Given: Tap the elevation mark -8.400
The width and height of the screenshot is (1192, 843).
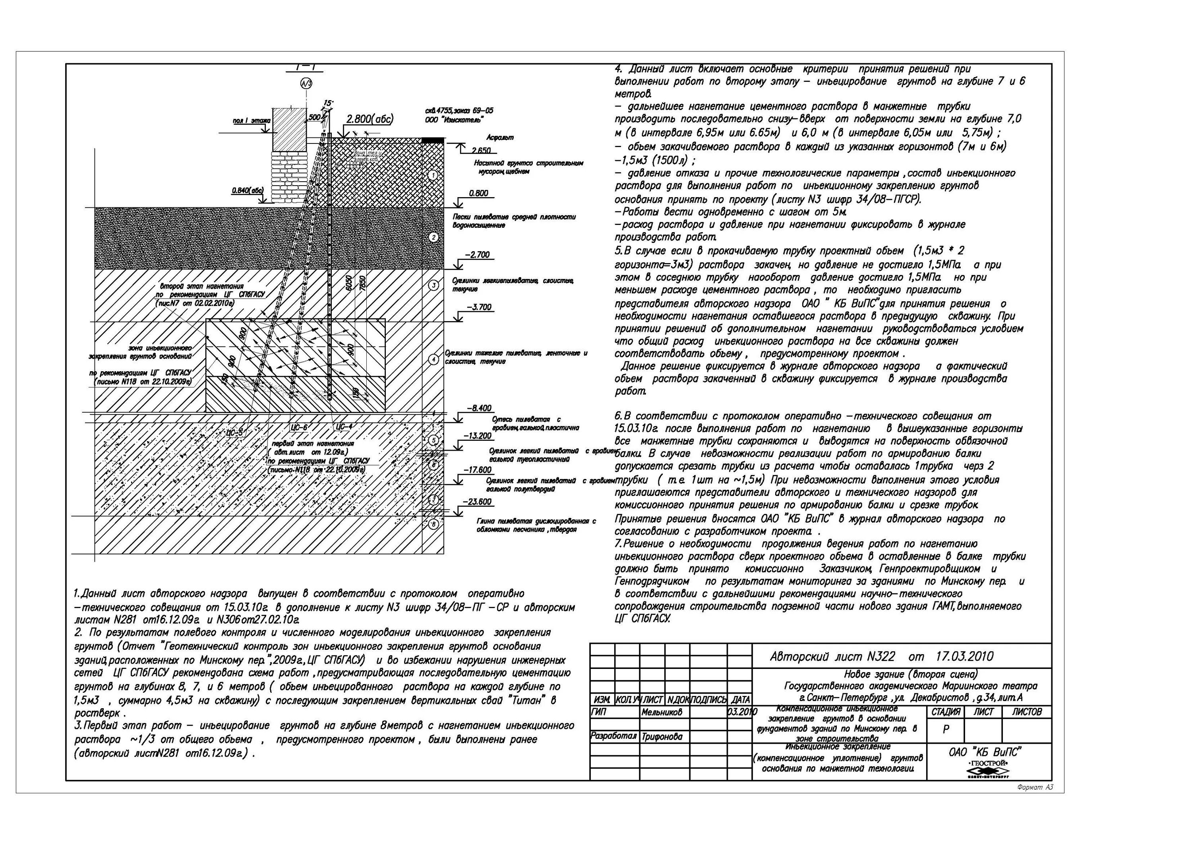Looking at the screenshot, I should (x=479, y=408).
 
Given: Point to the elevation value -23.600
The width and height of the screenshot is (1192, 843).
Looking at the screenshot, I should (x=478, y=502).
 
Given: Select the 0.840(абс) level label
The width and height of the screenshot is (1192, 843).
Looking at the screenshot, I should (x=248, y=191).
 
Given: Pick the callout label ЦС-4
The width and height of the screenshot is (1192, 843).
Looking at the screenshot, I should (x=344, y=426).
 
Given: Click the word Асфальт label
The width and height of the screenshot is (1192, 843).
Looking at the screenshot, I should (x=500, y=138).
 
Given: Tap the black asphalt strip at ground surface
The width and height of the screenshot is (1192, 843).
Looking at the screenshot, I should (x=432, y=140).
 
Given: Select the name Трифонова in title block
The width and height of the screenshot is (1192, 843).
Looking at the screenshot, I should (x=662, y=736).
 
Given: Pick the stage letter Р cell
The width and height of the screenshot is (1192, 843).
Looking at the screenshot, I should (x=946, y=729).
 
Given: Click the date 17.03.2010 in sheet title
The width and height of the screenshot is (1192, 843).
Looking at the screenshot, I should (x=965, y=657).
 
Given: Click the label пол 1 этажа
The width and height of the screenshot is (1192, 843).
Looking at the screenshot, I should (x=252, y=121).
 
